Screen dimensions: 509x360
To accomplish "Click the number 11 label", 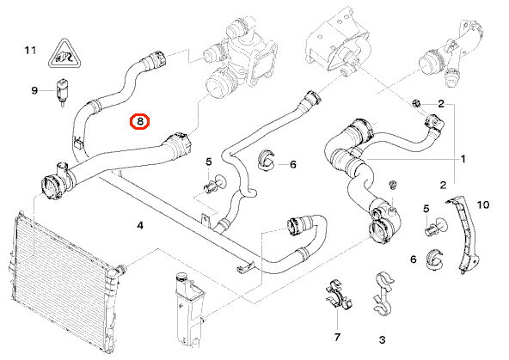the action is coord(30,51).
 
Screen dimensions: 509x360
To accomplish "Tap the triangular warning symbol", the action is coord(64,54).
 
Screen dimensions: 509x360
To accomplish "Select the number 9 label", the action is coord(34,90).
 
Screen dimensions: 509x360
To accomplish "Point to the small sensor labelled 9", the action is coord(61,92).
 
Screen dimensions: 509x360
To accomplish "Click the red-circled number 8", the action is coord(139,121).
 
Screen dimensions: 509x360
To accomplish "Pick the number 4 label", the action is coord(140,225).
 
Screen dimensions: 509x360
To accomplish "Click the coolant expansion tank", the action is coord(190,308).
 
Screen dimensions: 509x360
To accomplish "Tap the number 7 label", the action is coord(337,338).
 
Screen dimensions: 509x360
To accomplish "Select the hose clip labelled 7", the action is coord(338,296).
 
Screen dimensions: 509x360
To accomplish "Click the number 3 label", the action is coord(382,340).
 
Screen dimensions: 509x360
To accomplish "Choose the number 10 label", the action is coord(482,204).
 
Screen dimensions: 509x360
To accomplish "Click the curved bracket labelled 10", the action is coord(463,235).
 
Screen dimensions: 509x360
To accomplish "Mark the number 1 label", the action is coord(463,159).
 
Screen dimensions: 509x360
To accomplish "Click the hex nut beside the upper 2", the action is coord(416,104).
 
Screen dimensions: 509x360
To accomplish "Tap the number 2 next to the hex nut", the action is coord(441,104).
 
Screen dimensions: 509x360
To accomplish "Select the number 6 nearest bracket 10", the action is coord(413,259).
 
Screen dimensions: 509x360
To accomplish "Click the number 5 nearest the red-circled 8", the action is coord(208,162).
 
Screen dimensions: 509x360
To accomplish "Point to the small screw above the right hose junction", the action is coord(393,185).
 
